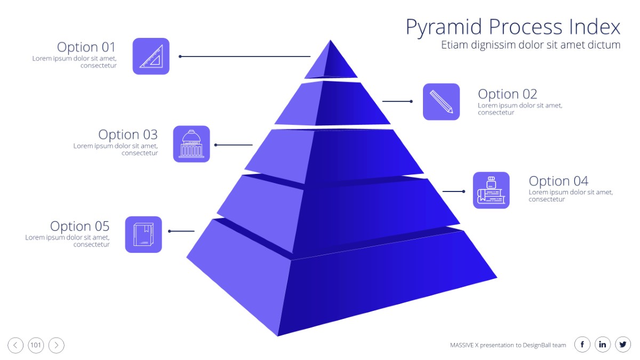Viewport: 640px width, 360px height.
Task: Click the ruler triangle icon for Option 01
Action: [151, 57]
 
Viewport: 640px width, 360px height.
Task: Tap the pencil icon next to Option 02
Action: [441, 102]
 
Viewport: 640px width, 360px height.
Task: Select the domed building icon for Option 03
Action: [191, 144]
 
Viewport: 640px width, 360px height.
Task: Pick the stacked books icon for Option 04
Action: [491, 190]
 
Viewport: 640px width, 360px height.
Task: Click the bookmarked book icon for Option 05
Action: [143, 235]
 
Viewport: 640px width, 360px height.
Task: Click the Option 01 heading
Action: [86, 47]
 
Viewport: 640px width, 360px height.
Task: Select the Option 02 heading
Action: [507, 94]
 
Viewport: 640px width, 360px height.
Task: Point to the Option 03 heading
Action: [127, 134]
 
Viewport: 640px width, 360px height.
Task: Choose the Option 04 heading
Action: [558, 181]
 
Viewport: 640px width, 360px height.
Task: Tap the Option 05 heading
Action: [79, 226]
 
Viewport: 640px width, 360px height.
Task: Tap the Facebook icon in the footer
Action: [582, 345]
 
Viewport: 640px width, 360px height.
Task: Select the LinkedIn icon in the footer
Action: [603, 345]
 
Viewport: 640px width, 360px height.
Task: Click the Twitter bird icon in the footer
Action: [623, 345]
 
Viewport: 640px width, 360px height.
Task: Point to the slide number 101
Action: [36, 345]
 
